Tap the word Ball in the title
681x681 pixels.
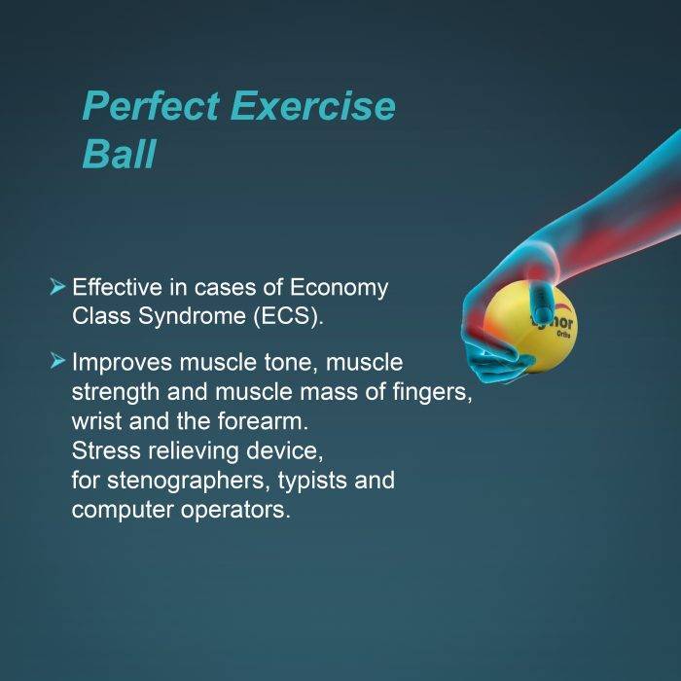pyautogui.click(x=118, y=155)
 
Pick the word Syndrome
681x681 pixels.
pyautogui.click(x=185, y=314)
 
